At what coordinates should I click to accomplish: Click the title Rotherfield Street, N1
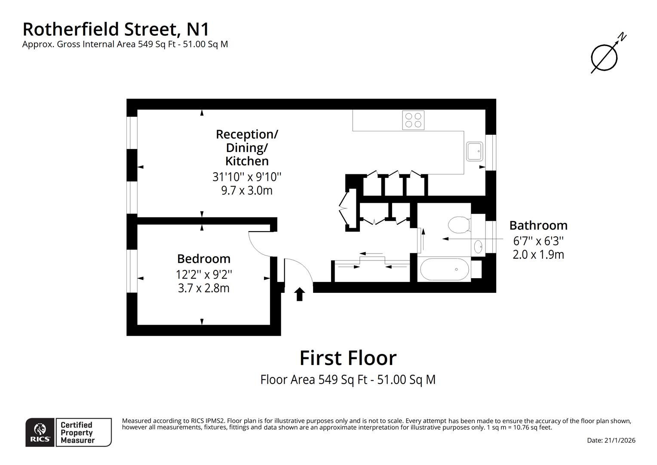coord(116,29)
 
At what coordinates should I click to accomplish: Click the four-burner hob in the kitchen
coord(413,120)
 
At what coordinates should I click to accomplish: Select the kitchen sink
coord(475,151)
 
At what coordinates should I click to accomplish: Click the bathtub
coord(444,270)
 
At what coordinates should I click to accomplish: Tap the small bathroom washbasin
coord(478,247)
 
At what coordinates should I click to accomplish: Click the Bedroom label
coord(204,259)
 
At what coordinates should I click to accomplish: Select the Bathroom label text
coord(538,225)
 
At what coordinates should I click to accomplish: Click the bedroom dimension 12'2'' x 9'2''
coord(204,274)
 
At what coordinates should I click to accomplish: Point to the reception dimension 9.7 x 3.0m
coord(247,190)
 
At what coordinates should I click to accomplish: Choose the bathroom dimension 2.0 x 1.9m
coord(538,254)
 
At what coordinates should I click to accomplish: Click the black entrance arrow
coord(300,294)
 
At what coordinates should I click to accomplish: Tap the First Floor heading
coord(348,358)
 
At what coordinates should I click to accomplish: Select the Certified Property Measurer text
coord(77,433)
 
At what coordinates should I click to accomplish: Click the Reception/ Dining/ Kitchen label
coord(247,147)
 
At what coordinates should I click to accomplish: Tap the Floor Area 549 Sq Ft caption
coord(348,380)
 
